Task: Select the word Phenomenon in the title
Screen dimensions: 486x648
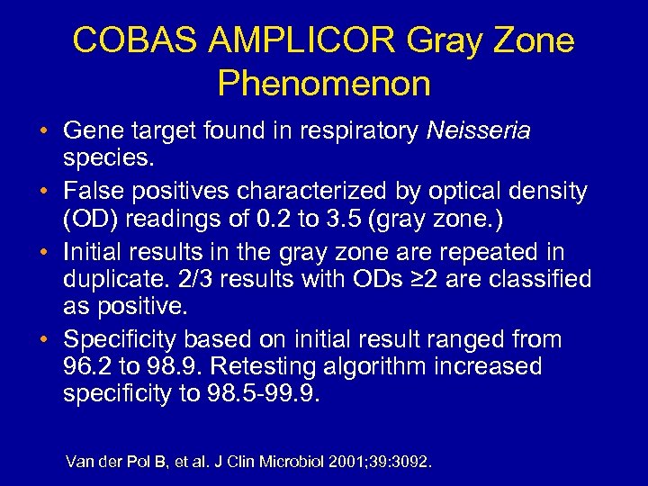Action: [324, 84]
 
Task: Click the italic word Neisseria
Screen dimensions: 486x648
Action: [480, 132]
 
